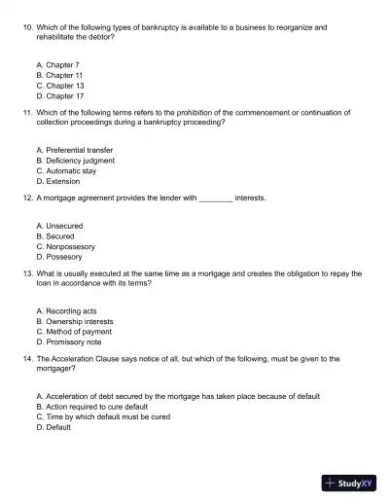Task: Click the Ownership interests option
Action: pyautogui.click(x=74, y=321)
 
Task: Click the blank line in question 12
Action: pyautogui.click(x=215, y=198)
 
